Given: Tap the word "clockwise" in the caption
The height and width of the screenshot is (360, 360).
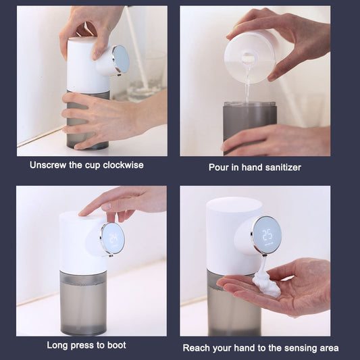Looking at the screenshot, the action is (x=123, y=165).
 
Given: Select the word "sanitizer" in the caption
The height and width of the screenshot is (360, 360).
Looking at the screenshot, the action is (x=283, y=168).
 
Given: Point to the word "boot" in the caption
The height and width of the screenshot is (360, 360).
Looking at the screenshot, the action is (x=117, y=345).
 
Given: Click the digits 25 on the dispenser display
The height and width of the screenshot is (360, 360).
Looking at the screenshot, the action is (x=267, y=235).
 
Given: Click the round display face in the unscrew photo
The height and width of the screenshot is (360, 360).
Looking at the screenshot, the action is (x=121, y=59).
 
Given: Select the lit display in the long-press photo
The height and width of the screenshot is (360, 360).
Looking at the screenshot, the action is (x=113, y=238).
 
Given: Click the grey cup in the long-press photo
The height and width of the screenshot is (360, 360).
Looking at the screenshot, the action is (x=83, y=303).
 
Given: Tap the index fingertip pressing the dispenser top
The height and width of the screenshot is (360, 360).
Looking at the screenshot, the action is (x=82, y=213).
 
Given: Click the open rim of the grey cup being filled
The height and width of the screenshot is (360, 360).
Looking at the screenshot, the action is (x=250, y=104).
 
